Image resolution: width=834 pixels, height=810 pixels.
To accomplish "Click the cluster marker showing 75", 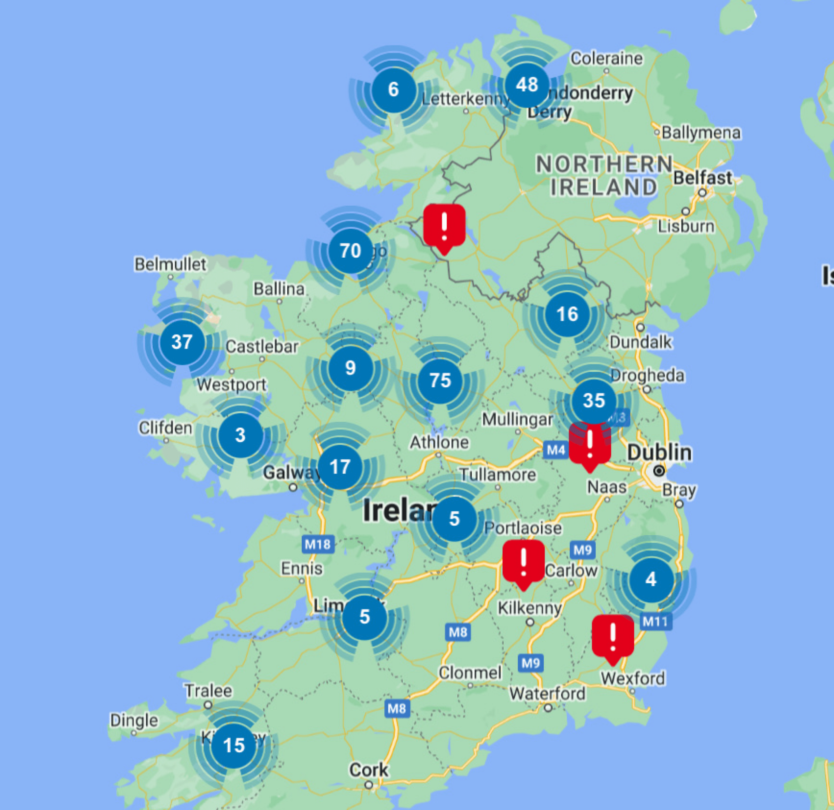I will (x=440, y=381).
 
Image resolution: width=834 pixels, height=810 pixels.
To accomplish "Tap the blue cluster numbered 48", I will (x=527, y=85).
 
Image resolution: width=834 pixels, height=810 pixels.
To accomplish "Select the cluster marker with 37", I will (x=182, y=342).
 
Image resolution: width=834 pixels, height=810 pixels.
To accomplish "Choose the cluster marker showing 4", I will (x=651, y=579).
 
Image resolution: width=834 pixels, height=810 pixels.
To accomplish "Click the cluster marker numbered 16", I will (x=567, y=314).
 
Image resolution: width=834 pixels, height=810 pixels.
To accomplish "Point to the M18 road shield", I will (x=318, y=544).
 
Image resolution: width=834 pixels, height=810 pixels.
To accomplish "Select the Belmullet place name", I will (x=170, y=264).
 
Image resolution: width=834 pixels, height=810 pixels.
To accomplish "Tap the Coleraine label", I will (x=606, y=58).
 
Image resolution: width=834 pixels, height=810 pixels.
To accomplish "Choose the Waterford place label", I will (x=547, y=693).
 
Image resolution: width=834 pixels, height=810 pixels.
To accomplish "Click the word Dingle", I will (x=134, y=720).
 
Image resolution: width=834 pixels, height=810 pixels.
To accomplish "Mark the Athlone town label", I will (x=439, y=442).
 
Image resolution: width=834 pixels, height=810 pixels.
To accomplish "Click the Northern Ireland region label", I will (x=604, y=175).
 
